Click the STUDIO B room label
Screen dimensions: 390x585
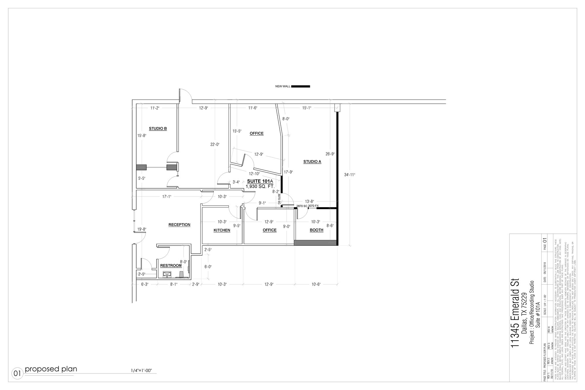click(x=158, y=129)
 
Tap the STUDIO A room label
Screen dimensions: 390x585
click(x=312, y=162)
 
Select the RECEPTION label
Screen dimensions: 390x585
click(x=179, y=225)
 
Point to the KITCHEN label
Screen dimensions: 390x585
click(x=222, y=230)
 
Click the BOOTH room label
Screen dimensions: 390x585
click(x=316, y=230)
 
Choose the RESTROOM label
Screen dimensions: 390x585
click(x=171, y=266)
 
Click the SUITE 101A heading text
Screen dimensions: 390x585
click(x=260, y=181)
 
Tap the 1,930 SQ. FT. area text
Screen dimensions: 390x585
click(x=260, y=186)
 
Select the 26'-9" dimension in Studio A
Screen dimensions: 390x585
click(x=330, y=154)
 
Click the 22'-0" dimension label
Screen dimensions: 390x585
click(x=215, y=145)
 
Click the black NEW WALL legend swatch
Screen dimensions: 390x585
click(x=300, y=86)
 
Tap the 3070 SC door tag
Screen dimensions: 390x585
click(x=279, y=199)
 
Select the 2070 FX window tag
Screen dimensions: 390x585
click(x=313, y=206)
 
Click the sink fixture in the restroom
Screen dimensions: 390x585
click(x=167, y=274)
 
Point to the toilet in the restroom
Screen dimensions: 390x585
click(x=181, y=275)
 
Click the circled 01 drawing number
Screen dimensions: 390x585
click(x=17, y=373)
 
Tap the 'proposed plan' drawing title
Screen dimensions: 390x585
click(x=51, y=369)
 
